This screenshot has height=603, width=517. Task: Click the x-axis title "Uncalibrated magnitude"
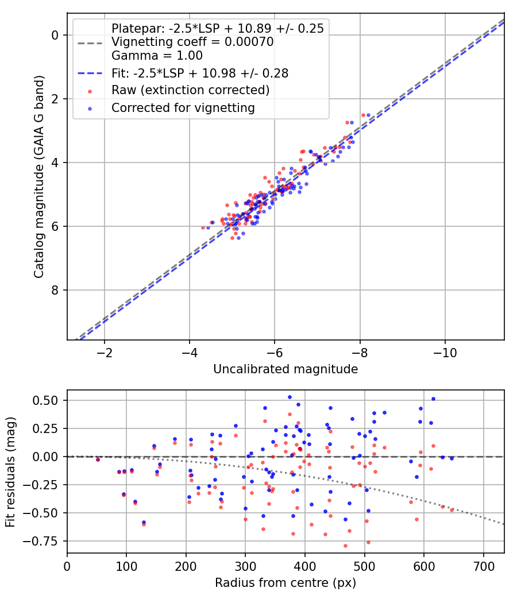(285, 369)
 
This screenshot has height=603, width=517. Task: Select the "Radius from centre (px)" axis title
(285, 583)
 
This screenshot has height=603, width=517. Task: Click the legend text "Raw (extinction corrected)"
(190, 90)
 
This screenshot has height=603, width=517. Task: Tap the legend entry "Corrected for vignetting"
(183, 107)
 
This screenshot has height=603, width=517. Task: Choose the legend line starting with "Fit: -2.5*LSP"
(200, 73)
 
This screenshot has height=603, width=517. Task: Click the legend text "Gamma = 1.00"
(157, 56)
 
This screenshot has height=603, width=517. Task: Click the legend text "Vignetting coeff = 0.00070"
(192, 42)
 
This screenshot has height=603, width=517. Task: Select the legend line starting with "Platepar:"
(218, 28)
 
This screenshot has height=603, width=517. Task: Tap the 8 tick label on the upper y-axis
(55, 290)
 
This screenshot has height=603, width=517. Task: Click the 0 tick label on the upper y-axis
(55, 36)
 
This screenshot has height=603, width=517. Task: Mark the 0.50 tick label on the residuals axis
(47, 400)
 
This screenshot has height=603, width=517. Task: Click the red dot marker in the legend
(89, 91)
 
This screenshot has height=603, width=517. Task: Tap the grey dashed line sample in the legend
(89, 42)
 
